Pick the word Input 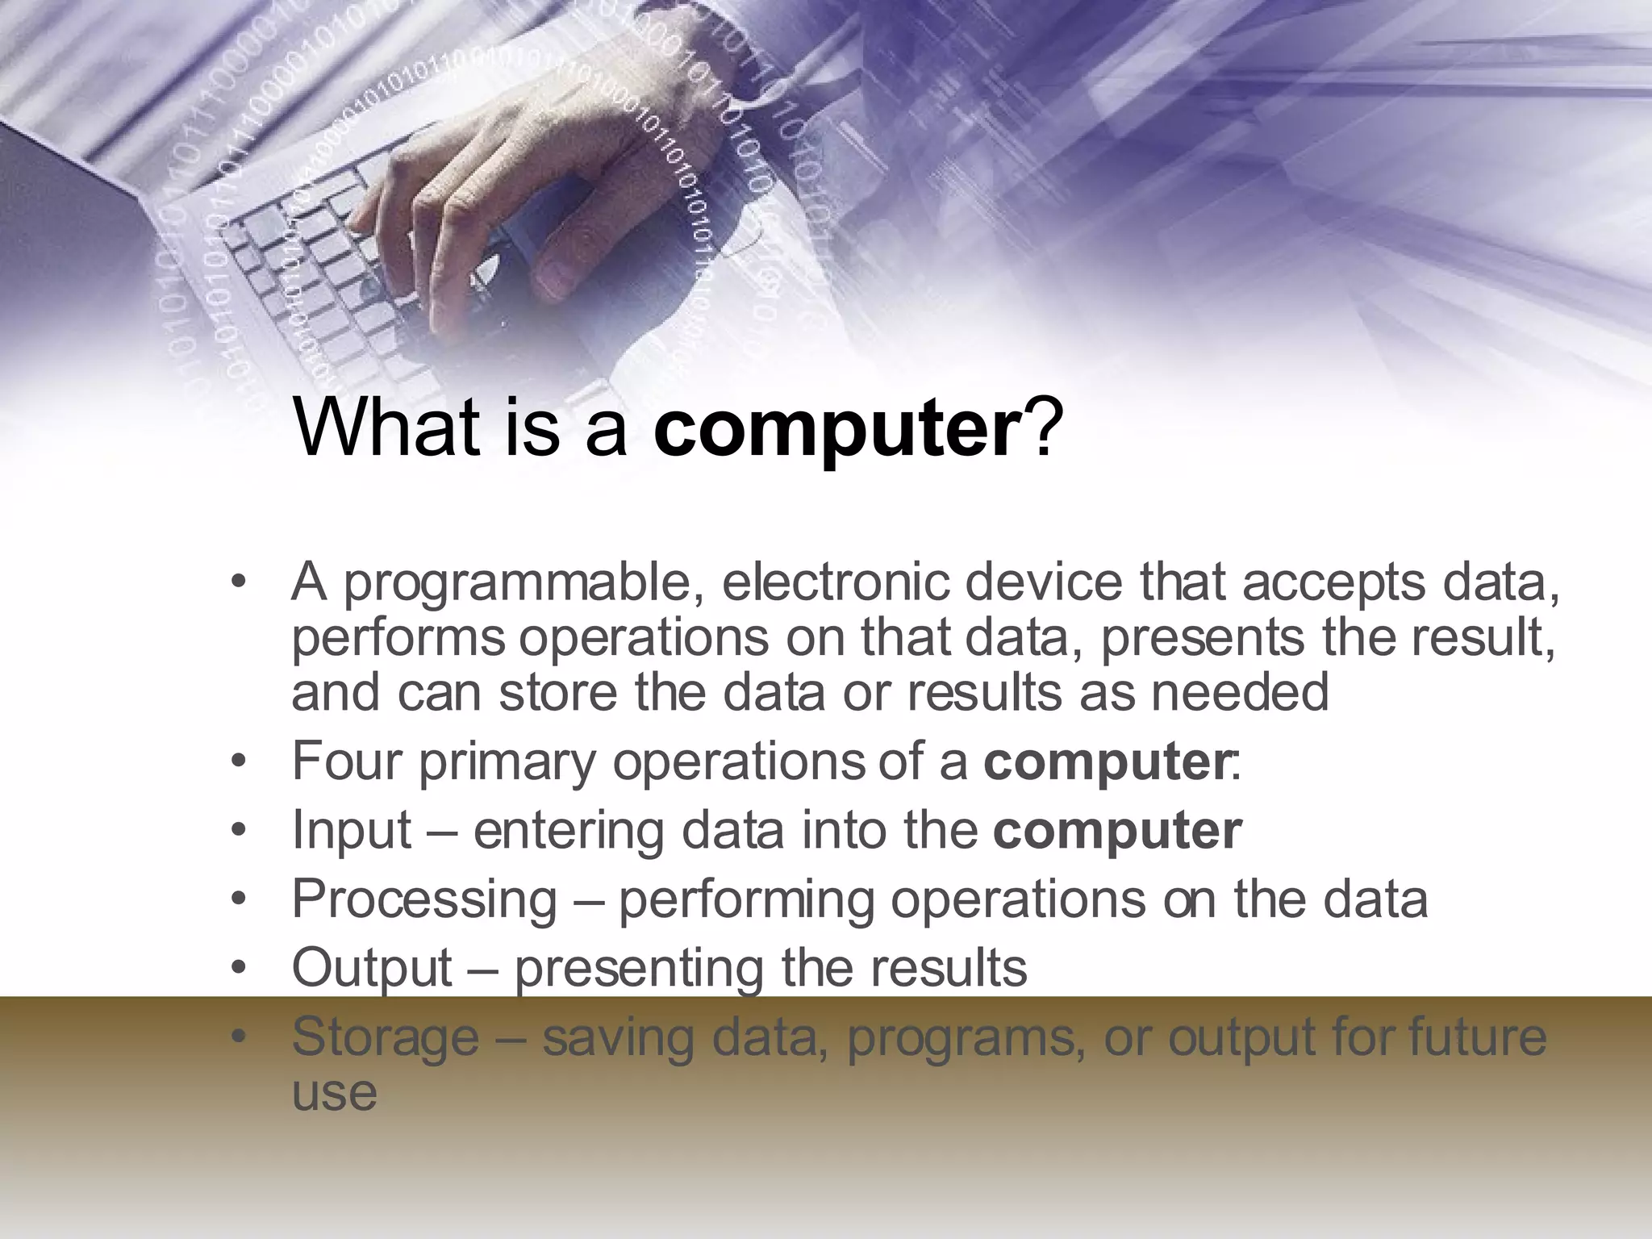[x=351, y=831]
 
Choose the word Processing [x=424, y=900]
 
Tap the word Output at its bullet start [x=371, y=968]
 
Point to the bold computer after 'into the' [x=1117, y=830]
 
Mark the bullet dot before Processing [x=236, y=900]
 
